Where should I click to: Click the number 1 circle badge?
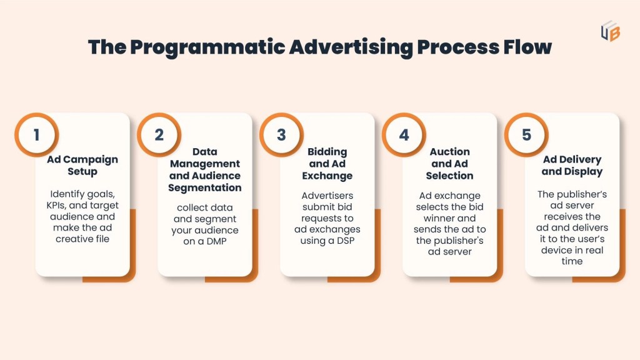pos(36,134)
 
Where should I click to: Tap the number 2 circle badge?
pos(159,134)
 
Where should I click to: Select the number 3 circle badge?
pos(281,134)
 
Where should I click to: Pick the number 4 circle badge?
pos(404,134)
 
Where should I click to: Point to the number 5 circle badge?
pos(526,134)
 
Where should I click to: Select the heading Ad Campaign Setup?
pos(82,165)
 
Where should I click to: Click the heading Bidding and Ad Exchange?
pos(327,164)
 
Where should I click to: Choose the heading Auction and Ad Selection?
pos(450,164)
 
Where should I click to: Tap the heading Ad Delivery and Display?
pos(572,165)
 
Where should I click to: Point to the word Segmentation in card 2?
pos(205,187)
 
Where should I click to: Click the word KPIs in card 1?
pos(58,205)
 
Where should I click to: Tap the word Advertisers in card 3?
pos(327,195)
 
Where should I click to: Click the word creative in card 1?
pos(75,239)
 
